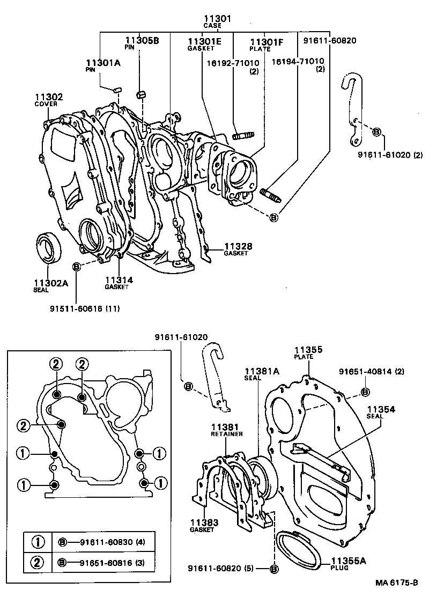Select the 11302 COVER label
[49, 100]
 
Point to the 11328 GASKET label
[238, 249]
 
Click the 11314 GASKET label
[119, 283]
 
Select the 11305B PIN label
[142, 42]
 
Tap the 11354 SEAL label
[381, 412]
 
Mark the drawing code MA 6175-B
[396, 584]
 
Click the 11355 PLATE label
[308, 352]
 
